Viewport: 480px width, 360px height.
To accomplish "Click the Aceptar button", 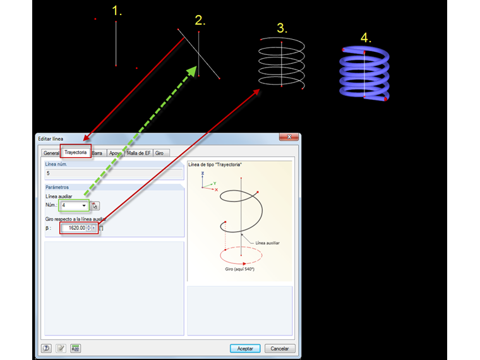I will (245, 348).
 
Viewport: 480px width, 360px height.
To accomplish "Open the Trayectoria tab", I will (76, 152).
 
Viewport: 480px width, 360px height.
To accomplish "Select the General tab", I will (51, 153).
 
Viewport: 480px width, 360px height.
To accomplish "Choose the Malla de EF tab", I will (139, 153).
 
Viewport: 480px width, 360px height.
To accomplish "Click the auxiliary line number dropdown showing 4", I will (73, 205).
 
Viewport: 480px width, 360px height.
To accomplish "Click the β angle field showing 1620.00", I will (75, 227).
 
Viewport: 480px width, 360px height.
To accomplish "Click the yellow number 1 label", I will (117, 11).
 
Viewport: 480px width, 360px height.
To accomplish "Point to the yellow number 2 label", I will (200, 20).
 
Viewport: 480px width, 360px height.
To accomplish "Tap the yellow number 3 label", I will (282, 28).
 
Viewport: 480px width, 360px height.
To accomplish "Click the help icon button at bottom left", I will (46, 348).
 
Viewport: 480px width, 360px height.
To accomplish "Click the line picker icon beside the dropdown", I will (95, 205).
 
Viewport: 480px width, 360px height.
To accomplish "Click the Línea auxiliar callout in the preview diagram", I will (267, 242).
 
